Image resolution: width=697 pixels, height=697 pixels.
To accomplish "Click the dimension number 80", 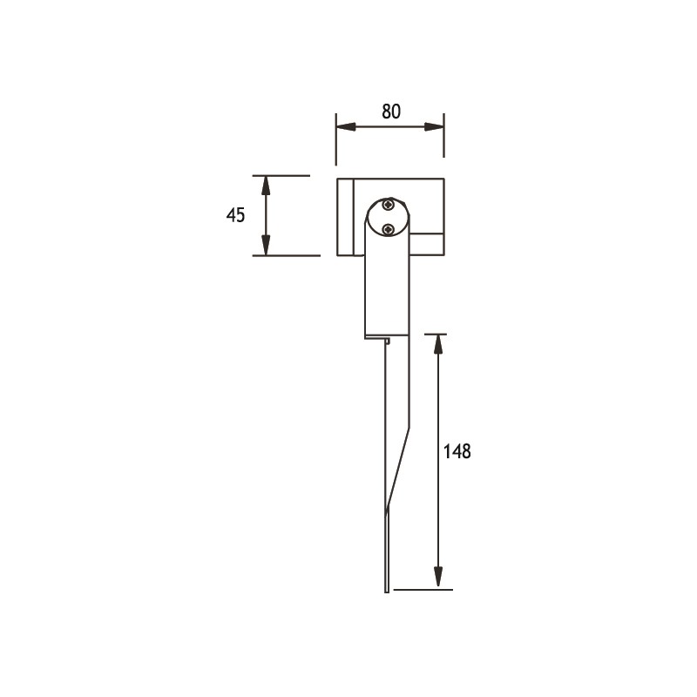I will click(x=390, y=112).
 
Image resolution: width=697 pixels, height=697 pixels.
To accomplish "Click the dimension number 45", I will click(x=235, y=215).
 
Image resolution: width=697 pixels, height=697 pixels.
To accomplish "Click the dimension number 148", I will click(x=457, y=451).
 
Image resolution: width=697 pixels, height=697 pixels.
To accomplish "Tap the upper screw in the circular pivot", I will click(x=387, y=206).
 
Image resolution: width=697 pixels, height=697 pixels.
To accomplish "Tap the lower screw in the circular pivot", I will click(x=389, y=229).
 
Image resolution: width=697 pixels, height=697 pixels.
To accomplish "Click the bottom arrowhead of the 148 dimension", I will click(x=438, y=579).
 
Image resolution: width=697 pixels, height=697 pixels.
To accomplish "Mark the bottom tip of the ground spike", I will click(x=386, y=592).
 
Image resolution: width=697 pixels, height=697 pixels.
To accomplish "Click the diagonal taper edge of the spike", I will click(x=397, y=470).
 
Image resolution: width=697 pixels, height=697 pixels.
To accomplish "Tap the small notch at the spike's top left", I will click(x=384, y=342).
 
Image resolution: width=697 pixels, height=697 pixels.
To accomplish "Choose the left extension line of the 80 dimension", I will click(x=336, y=139).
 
